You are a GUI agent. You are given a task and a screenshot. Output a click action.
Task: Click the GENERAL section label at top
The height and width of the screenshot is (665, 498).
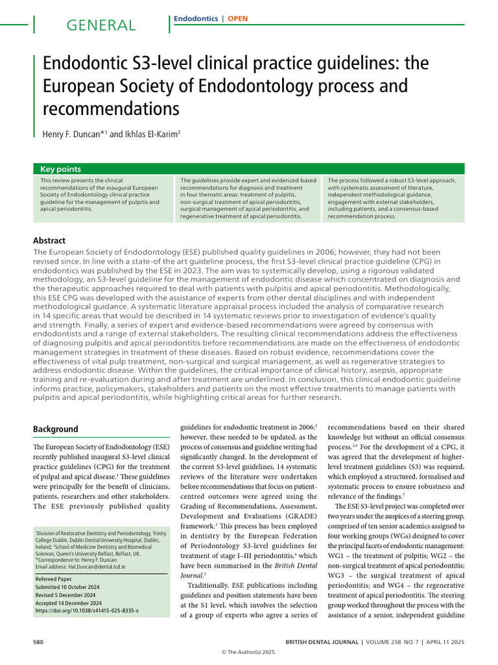click(101, 25)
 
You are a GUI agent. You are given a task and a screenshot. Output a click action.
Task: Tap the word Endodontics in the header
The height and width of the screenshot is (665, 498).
click(196, 19)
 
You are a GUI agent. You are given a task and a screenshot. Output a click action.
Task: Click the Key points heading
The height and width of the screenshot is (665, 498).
click(60, 169)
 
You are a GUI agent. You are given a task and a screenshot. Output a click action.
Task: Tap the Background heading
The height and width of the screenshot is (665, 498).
click(56, 429)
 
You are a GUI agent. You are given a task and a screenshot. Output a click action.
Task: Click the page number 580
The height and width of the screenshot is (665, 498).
click(38, 642)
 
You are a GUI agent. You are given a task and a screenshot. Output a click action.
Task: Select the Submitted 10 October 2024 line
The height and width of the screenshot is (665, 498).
click(73, 586)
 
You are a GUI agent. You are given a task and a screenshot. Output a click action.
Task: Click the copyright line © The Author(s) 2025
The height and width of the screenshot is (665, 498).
click(249, 653)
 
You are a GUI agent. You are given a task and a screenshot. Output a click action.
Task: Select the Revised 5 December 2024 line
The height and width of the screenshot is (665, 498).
click(72, 594)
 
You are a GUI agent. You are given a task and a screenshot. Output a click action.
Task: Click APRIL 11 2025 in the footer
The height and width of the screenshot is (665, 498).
click(446, 642)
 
